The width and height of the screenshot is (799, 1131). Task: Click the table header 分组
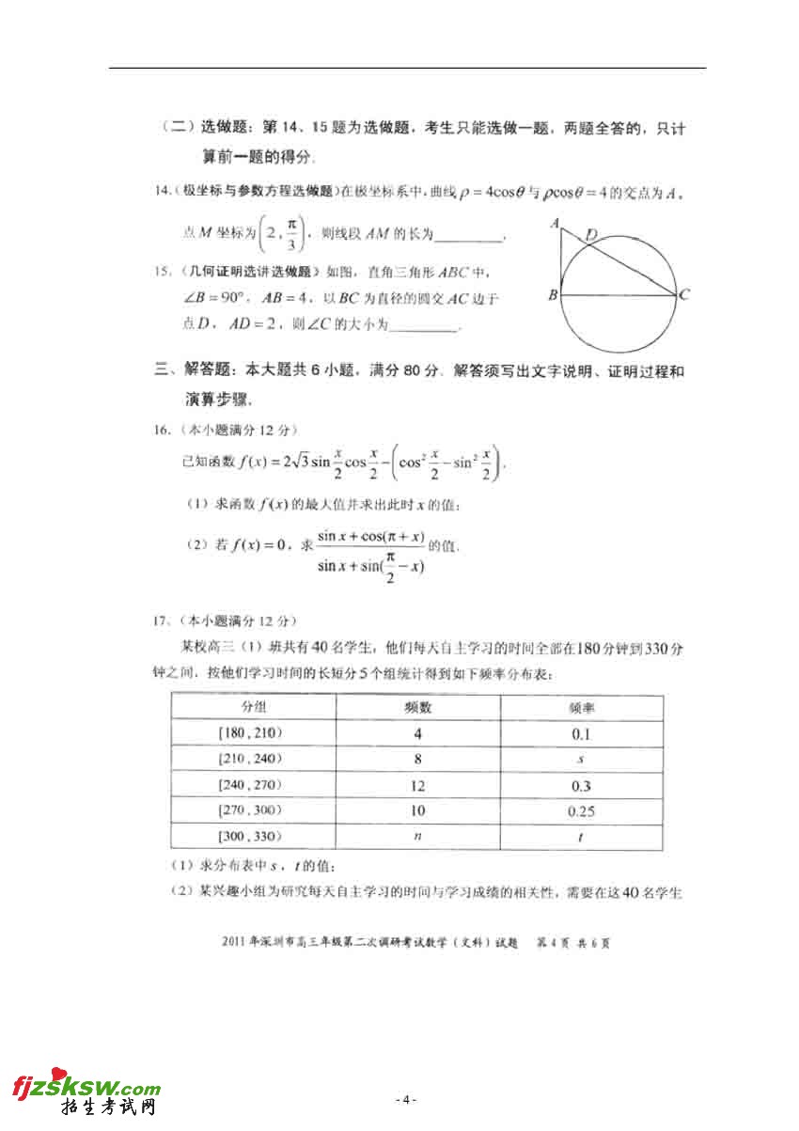point(253,707)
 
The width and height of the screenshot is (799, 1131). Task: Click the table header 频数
point(417,707)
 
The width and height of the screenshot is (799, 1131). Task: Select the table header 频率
point(581,707)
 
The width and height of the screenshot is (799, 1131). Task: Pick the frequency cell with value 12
point(417,785)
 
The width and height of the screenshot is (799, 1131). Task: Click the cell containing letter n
point(417,837)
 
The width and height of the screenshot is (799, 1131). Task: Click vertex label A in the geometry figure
point(556,224)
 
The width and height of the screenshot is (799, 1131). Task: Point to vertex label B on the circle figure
point(553,295)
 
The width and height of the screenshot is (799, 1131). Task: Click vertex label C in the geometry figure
point(685,295)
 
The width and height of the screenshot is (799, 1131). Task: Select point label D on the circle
point(591,233)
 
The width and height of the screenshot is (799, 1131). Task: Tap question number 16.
point(162,430)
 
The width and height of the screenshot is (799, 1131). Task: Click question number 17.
point(162,620)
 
